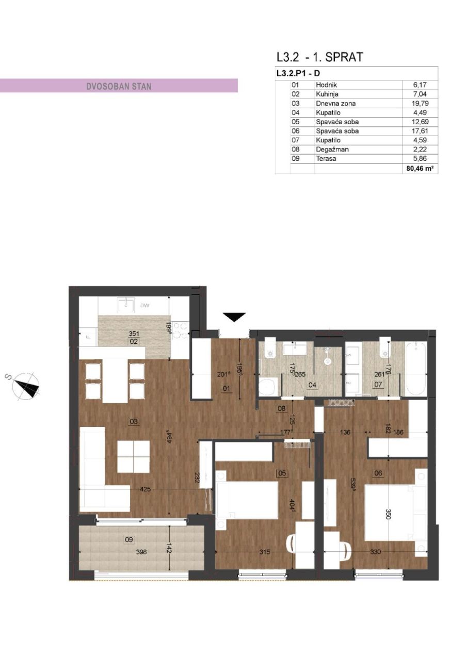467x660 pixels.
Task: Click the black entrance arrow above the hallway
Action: pyautogui.click(x=234, y=318)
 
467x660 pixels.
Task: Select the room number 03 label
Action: pyautogui.click(x=134, y=421)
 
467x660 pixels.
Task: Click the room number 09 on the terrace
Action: pyautogui.click(x=129, y=539)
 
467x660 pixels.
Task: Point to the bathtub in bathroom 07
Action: pyautogui.click(x=416, y=369)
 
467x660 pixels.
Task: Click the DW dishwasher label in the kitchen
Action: pyautogui.click(x=145, y=306)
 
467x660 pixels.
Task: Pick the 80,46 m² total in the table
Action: pyautogui.click(x=420, y=168)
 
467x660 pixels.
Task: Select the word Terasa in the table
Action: pyautogui.click(x=326, y=159)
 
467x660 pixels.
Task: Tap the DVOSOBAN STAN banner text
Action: pyautogui.click(x=119, y=86)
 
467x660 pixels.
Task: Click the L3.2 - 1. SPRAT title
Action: pyautogui.click(x=320, y=57)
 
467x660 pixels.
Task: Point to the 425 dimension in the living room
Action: pyautogui.click(x=145, y=489)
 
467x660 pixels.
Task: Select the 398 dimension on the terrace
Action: pyautogui.click(x=141, y=552)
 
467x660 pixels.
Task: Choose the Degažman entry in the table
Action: pyautogui.click(x=328, y=150)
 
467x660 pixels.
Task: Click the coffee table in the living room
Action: pyautogui.click(x=133, y=456)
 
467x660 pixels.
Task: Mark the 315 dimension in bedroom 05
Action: pyautogui.click(x=265, y=552)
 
